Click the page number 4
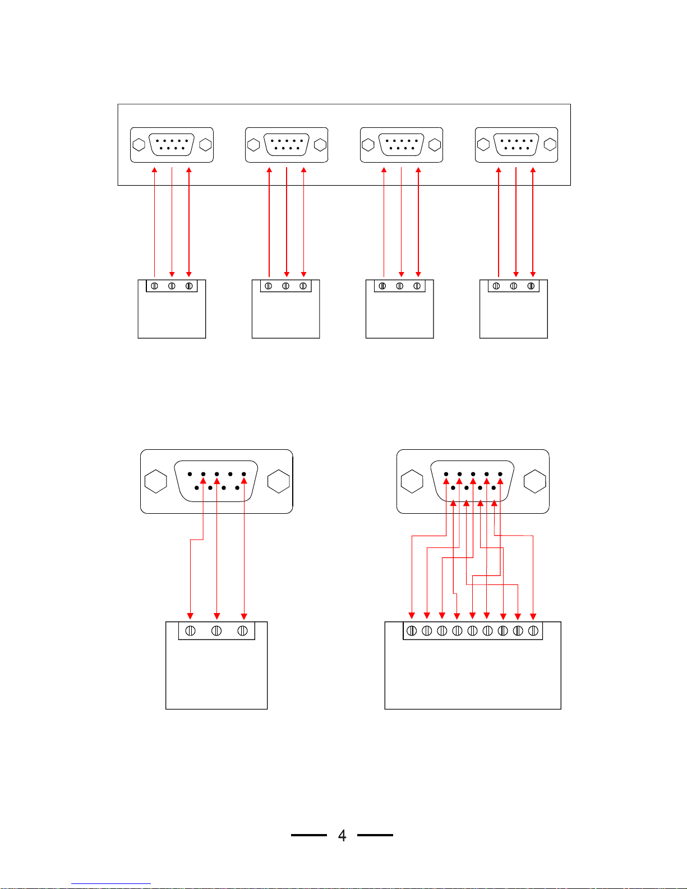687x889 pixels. [x=342, y=835]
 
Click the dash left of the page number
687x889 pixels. [x=309, y=835]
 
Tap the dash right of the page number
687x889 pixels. [x=375, y=835]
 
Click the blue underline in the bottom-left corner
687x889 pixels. [x=111, y=884]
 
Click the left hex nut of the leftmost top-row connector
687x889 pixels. [x=139, y=145]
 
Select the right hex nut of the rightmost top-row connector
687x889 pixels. [x=550, y=144]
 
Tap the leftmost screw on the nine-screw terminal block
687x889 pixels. [x=412, y=631]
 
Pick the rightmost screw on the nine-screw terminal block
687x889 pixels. [x=533, y=631]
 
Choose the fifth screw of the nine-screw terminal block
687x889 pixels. [x=472, y=631]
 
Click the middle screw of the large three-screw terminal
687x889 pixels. [x=216, y=631]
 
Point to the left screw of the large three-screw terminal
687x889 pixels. [x=191, y=631]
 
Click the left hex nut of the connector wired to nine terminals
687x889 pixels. [x=412, y=482]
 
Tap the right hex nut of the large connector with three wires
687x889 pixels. [x=279, y=481]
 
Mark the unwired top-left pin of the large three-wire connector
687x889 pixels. [x=190, y=474]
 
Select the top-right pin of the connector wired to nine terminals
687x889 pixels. [x=500, y=474]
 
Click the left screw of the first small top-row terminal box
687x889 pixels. [x=155, y=286]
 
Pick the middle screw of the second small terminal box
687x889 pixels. [x=286, y=286]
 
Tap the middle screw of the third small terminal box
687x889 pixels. [x=399, y=286]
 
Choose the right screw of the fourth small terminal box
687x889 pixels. [x=531, y=286]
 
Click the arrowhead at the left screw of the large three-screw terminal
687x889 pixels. [x=190, y=616]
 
